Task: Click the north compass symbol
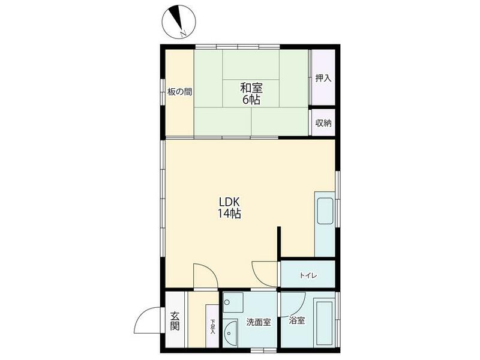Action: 178,22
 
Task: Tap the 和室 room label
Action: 251,88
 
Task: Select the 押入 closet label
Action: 323,78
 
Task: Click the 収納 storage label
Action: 323,123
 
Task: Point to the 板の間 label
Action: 179,92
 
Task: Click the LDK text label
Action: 229,202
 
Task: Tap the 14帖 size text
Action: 229,214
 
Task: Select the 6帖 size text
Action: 251,100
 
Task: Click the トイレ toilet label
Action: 308,275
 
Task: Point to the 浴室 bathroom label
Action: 296,320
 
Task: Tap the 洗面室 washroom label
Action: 259,322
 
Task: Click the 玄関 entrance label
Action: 175,321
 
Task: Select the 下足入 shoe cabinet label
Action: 212,326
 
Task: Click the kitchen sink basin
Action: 325,211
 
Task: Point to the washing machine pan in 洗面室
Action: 233,302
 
